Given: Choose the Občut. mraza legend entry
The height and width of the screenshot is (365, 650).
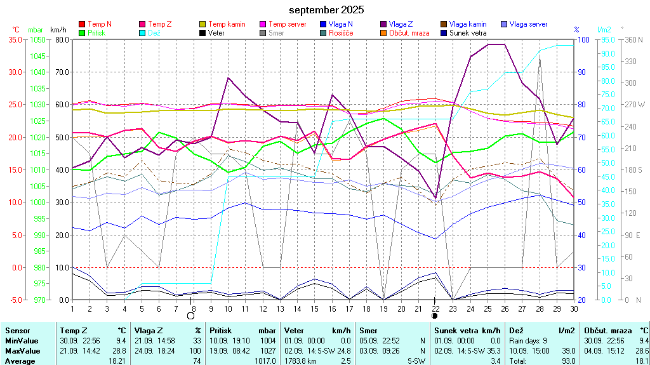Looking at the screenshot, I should pos(408,32).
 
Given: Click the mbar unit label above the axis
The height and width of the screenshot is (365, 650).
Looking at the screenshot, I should pos(36,30).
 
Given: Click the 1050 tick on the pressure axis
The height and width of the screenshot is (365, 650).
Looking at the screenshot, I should pos(37,39).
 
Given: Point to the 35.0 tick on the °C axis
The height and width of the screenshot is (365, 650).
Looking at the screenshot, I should pos(14,39).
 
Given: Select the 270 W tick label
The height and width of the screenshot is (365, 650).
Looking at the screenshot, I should pos(635,104).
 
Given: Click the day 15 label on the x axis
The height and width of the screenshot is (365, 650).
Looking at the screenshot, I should pos(314,308).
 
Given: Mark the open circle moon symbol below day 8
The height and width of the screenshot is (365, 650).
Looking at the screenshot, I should pos(191,315).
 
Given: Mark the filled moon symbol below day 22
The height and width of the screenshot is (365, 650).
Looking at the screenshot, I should pos(435,315).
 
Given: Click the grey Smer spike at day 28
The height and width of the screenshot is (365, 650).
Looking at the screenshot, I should pos(540,58).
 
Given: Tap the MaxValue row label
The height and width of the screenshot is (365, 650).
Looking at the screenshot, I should pos(23,350).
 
